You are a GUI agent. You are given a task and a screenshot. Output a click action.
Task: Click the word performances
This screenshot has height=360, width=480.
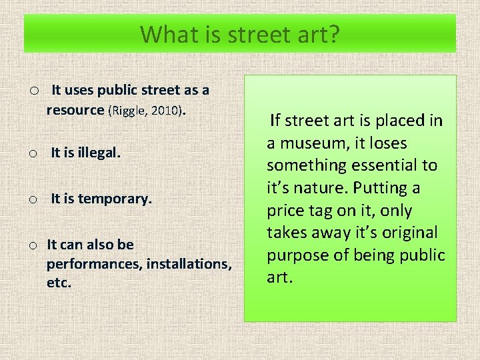(94, 263)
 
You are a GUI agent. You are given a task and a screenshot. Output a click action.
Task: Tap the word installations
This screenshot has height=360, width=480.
(189, 263)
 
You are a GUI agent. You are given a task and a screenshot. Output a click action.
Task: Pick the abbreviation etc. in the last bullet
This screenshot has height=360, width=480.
(59, 282)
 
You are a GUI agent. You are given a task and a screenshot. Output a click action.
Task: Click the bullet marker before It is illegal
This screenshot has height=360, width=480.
(32, 154)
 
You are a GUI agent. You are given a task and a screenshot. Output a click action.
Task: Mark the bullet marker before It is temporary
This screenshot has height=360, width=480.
(32, 199)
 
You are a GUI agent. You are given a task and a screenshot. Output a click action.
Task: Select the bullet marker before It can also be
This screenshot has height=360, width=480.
(32, 245)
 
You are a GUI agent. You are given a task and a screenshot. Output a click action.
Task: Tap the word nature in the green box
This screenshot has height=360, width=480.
(319, 188)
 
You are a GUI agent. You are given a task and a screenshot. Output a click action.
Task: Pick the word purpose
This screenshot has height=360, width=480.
(296, 255)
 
